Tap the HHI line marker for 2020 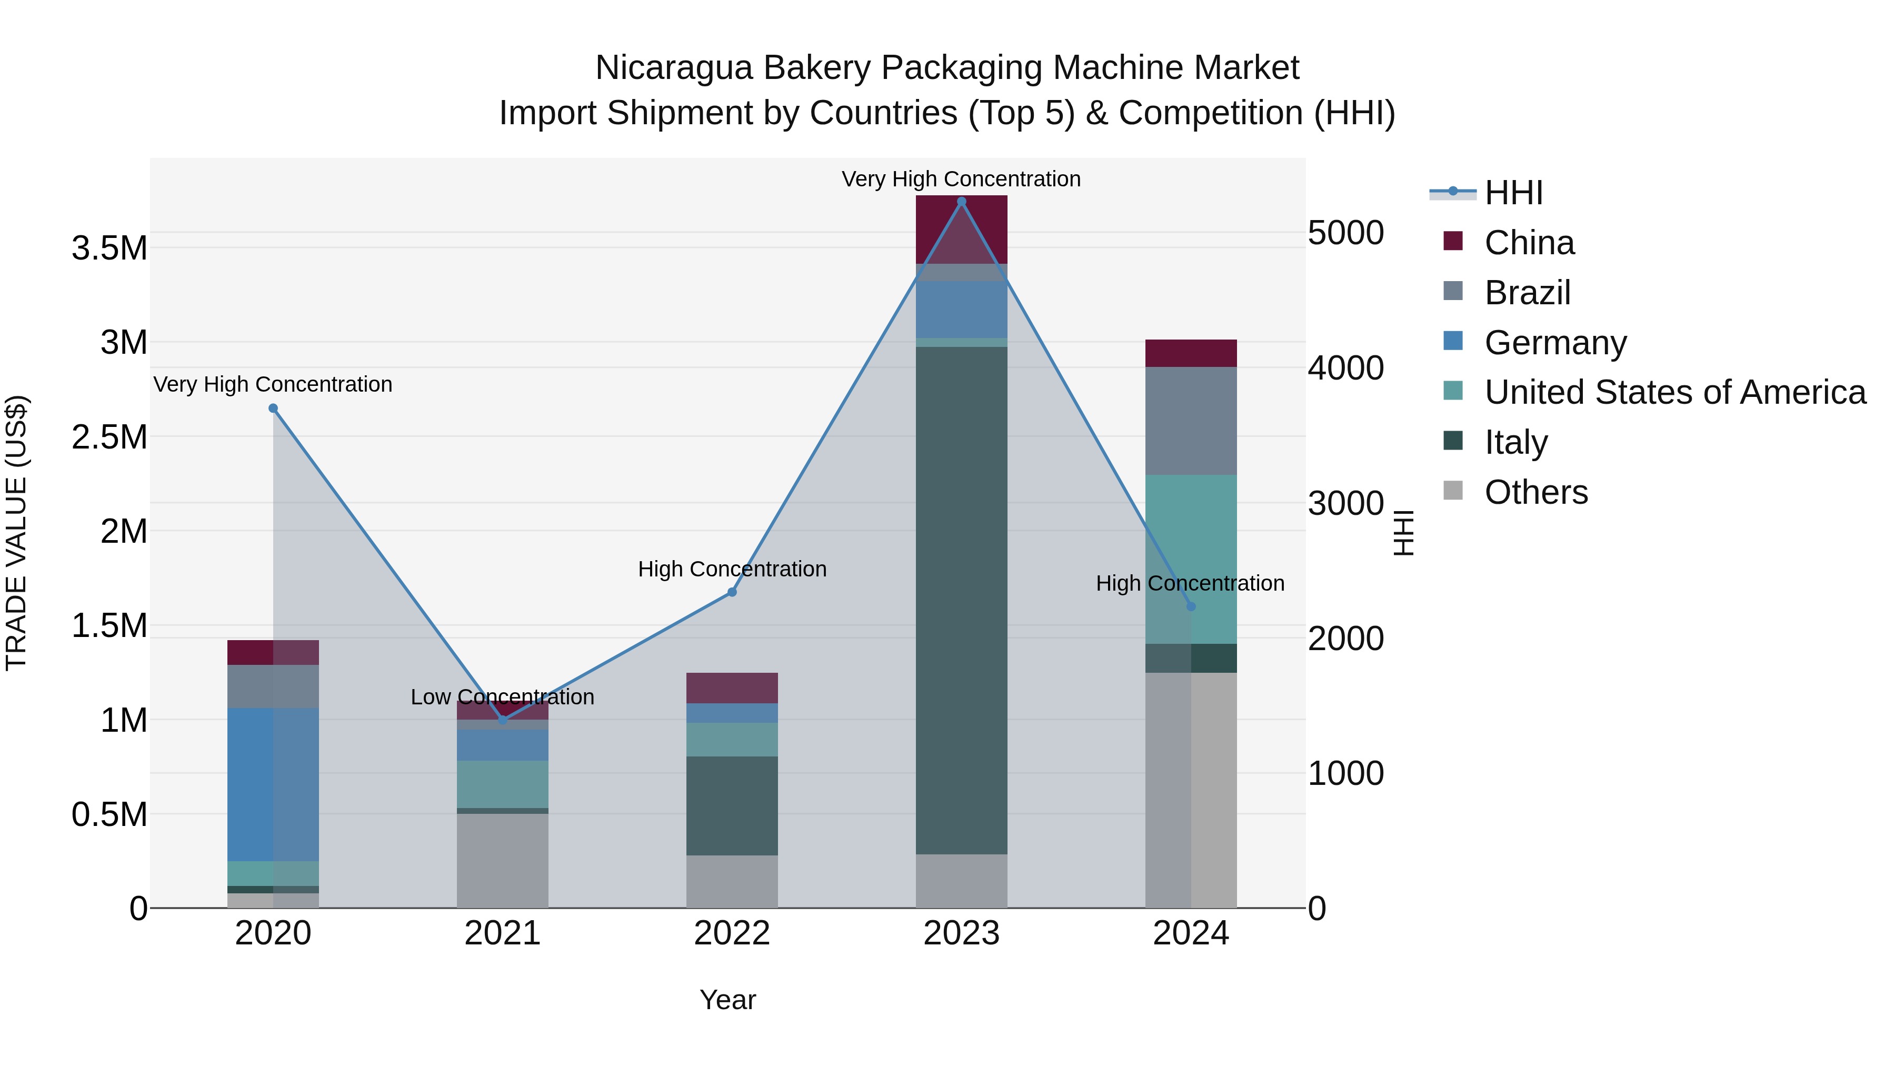click(x=273, y=409)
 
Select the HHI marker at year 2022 click(x=732, y=592)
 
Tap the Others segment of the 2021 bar click(x=503, y=860)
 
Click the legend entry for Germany click(x=1555, y=343)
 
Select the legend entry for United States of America click(x=1674, y=392)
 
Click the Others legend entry click(x=1535, y=492)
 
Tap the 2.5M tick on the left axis click(x=109, y=437)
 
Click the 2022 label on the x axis click(x=732, y=933)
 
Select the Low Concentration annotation click(x=503, y=696)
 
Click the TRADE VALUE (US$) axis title click(x=17, y=533)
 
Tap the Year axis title click(x=727, y=1000)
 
